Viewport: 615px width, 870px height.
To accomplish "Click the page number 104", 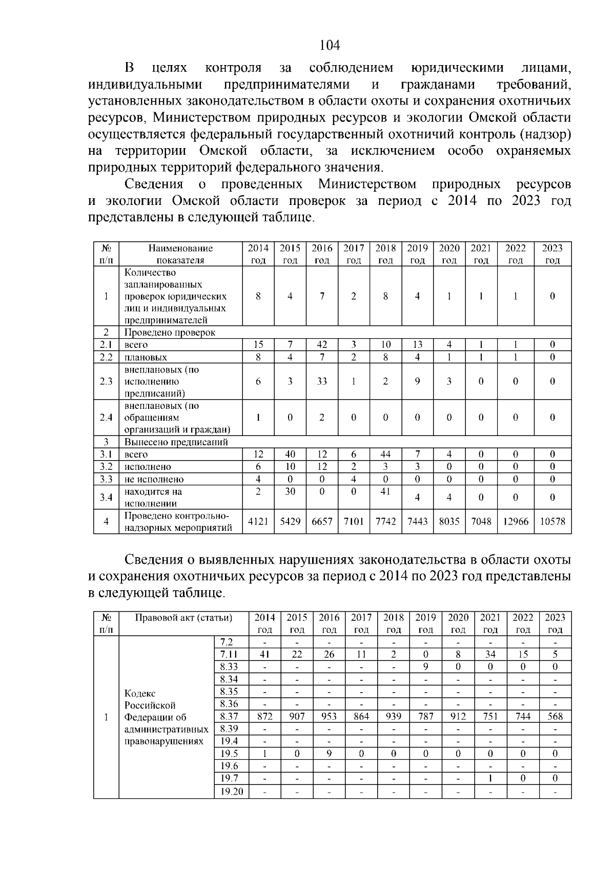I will tap(330, 46).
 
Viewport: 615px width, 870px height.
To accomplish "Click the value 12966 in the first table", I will tap(515, 521).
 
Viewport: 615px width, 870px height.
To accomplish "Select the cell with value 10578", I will tap(552, 521).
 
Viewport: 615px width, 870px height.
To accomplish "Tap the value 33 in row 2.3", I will tap(322, 381).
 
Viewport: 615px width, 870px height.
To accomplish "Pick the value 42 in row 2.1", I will tap(322, 345).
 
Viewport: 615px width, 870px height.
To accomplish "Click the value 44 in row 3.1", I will tap(385, 454).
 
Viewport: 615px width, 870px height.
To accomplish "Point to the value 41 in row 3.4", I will tap(385, 491).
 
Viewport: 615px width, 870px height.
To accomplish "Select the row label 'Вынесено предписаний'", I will tap(176, 442).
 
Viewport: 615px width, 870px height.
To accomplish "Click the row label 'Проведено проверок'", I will tap(170, 332).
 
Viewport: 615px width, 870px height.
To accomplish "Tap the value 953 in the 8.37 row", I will tap(329, 716).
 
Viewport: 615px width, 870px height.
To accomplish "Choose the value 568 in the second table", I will tap(555, 716).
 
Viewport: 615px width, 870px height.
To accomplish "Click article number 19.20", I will tap(231, 792).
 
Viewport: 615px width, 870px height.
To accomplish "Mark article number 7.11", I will tap(229, 654).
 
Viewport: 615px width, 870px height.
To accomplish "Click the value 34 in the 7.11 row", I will tap(490, 654).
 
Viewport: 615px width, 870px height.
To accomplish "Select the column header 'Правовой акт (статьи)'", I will tap(183, 617).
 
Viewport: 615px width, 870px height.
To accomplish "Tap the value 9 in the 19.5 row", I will tap(329, 754).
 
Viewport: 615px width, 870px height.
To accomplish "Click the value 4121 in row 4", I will tap(258, 521).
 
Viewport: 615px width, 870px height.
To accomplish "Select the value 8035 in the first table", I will tap(449, 521).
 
